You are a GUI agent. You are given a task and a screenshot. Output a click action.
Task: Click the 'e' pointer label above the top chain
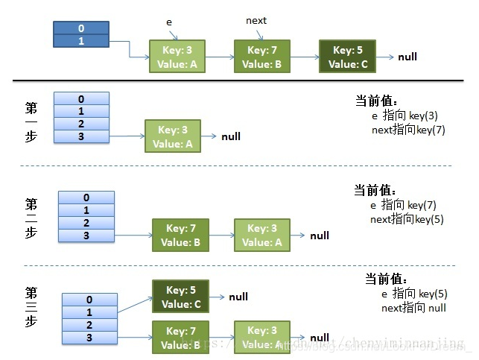168,23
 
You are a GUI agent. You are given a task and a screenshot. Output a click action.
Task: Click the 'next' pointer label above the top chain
256,21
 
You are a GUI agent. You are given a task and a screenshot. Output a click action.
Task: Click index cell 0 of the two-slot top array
81,29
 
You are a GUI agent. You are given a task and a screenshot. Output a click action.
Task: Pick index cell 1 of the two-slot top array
81,41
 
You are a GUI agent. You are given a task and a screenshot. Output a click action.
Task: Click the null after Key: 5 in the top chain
407,57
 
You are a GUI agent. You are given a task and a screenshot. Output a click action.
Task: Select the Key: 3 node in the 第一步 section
173,136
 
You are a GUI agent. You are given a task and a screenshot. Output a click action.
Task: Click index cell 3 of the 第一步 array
81,136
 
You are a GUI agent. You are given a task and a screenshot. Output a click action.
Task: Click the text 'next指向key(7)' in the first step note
407,130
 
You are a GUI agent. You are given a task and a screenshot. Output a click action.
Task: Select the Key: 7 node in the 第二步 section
180,235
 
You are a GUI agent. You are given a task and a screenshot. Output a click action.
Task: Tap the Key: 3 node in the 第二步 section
262,235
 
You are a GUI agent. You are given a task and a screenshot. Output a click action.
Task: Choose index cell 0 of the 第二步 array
86,198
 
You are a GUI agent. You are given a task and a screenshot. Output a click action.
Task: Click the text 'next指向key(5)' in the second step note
407,219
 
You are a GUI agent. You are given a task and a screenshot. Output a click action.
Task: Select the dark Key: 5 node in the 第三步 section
180,297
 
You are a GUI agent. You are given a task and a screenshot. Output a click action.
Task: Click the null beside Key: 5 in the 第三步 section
238,297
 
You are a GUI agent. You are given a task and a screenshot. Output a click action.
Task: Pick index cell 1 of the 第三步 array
89,312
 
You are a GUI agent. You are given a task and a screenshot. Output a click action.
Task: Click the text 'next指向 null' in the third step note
413,308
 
